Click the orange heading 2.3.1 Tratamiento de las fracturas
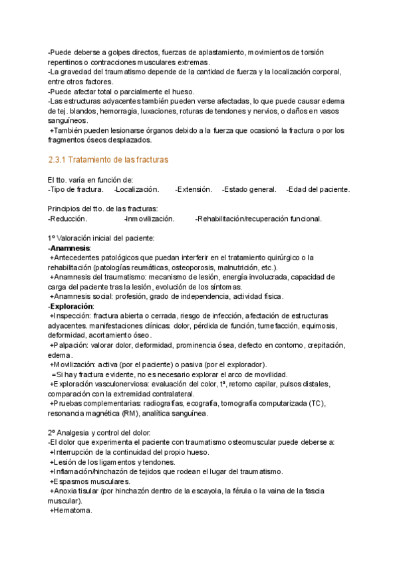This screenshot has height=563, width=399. point(108,160)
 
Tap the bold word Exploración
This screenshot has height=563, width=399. point(71,306)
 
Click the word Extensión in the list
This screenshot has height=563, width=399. point(194,190)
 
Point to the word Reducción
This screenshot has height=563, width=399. point(68,218)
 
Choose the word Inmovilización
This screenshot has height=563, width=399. point(150,218)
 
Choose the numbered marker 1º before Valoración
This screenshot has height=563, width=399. point(51,238)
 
